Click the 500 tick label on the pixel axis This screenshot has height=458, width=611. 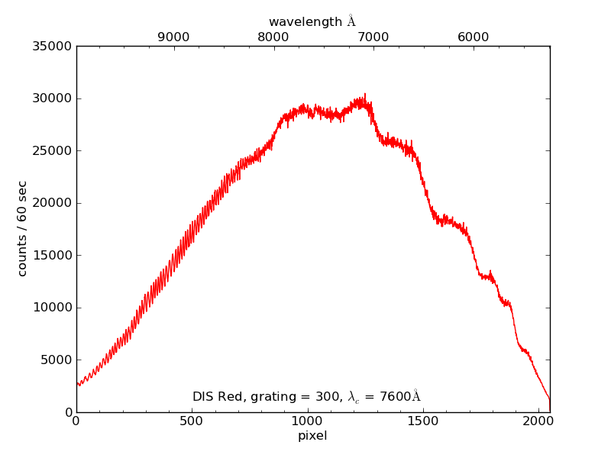[192, 421]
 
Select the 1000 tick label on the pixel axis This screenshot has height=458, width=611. [307, 421]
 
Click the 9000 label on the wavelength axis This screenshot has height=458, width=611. [173, 37]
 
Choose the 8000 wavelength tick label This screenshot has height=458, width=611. [273, 37]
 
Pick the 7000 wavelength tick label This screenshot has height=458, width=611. [373, 37]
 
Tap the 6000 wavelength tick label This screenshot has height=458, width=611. [474, 37]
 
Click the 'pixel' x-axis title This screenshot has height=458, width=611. [312, 436]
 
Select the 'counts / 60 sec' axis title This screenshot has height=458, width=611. [23, 229]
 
